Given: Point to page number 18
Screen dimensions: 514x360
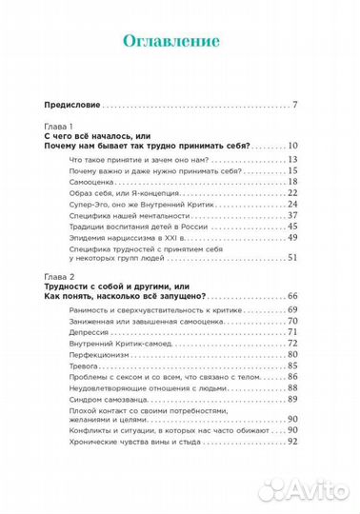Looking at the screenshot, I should [293, 181].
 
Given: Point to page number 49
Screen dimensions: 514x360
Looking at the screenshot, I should [293, 235].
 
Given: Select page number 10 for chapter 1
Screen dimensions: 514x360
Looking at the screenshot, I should [293, 146].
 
